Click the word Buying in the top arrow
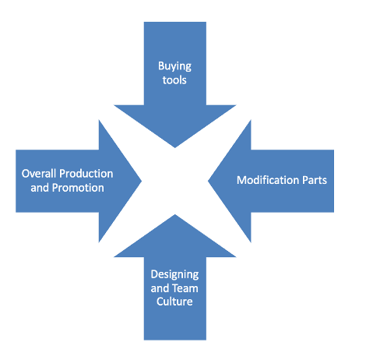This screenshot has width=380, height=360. [x=174, y=66]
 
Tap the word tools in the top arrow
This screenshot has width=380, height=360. [x=174, y=80]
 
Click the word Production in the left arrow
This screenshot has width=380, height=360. [x=86, y=174]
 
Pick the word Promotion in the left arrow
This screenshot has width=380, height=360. [x=78, y=188]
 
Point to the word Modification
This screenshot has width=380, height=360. [x=267, y=180]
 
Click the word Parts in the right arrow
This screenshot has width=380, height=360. [x=314, y=180]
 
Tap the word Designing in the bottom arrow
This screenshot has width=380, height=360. [x=174, y=275]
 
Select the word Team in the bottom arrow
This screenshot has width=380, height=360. [x=185, y=288]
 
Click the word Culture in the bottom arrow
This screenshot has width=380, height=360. [x=174, y=302]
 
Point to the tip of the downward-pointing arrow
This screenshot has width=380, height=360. [x=175, y=147]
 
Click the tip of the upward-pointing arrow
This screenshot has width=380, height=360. [x=175, y=214]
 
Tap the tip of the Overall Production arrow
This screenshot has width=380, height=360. [x=142, y=181]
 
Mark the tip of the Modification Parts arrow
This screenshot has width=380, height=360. [x=208, y=181]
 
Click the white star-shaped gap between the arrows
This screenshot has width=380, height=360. [x=174, y=181]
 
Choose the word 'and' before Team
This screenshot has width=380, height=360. [x=160, y=288]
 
